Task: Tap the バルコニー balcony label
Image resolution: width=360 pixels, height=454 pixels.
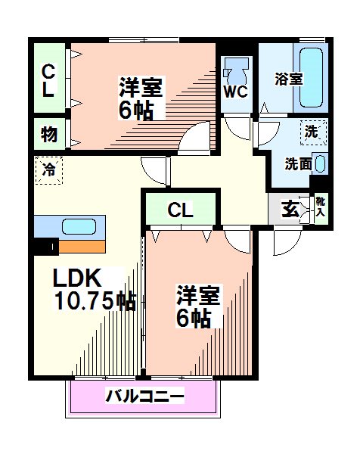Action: click(x=144, y=395)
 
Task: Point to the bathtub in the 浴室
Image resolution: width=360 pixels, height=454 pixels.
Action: click(x=311, y=76)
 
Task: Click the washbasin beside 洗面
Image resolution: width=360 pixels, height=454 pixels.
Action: click(x=319, y=163)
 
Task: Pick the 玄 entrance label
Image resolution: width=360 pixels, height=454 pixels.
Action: click(x=290, y=210)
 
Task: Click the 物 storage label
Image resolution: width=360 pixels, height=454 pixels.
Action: click(x=48, y=135)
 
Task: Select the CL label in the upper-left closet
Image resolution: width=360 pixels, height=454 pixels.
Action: click(x=48, y=80)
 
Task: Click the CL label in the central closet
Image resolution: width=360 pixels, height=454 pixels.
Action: click(x=179, y=210)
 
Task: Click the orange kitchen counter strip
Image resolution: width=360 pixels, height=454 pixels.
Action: click(x=83, y=245)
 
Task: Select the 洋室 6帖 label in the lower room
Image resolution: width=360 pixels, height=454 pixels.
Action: click(x=198, y=306)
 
